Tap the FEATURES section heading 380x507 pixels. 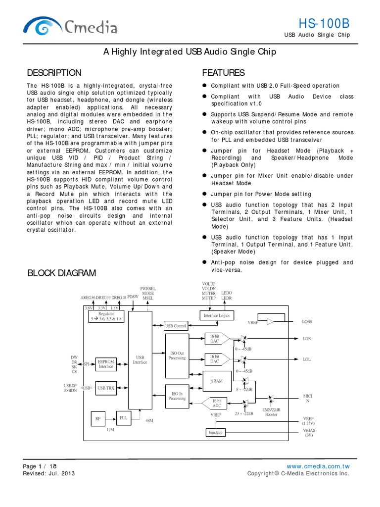pyautogui.click(x=223, y=73)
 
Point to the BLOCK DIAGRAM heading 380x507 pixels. pyautogui.click(x=61, y=273)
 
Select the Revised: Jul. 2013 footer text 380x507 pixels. pyautogui.click(x=48, y=473)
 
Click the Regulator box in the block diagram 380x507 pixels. pyautogui.click(x=106, y=316)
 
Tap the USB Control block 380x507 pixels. pyautogui.click(x=175, y=326)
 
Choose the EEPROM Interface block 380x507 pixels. pyautogui.click(x=106, y=364)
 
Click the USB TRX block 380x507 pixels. pyautogui.click(x=106, y=389)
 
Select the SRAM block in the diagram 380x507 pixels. pyautogui.click(x=216, y=381)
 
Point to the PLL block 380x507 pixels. pyautogui.click(x=123, y=417)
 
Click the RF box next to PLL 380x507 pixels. pyautogui.click(x=97, y=419)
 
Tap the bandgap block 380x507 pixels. pyautogui.click(x=216, y=433)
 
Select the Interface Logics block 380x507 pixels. pyautogui.click(x=216, y=315)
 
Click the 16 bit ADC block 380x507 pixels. pyautogui.click(x=216, y=403)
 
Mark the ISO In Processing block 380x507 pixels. pyautogui.click(x=177, y=396)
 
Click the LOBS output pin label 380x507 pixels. pyautogui.click(x=307, y=322)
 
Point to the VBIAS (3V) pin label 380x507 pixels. pyautogui.click(x=308, y=433)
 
